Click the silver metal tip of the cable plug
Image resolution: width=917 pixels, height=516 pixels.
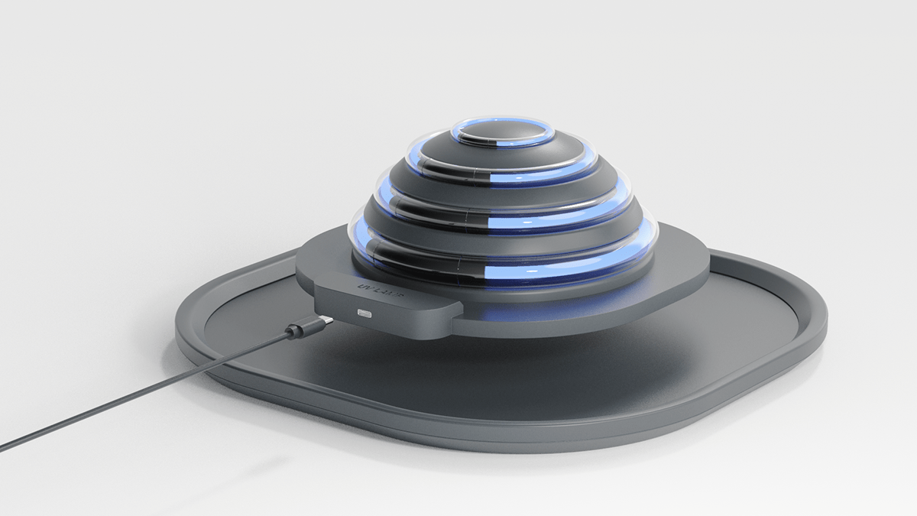click(324, 320)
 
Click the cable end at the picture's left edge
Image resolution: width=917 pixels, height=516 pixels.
click(3, 448)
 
